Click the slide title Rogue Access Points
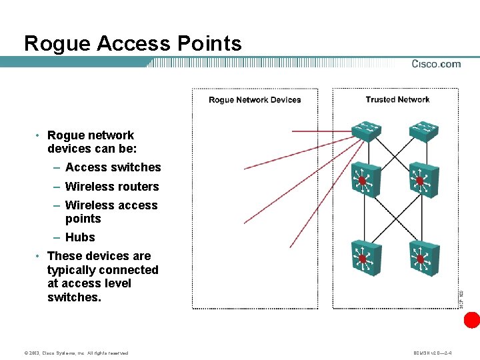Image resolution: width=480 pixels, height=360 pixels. point(133,43)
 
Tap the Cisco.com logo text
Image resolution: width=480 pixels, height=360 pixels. point(436,64)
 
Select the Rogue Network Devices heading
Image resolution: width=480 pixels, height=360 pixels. point(255,100)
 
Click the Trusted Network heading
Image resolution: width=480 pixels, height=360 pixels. point(397,99)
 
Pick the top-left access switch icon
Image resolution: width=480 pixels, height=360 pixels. point(366,131)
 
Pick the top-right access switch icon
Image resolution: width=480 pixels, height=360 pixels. point(421,131)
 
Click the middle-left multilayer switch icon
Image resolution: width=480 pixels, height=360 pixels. point(364,179)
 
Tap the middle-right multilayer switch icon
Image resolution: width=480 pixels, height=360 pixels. point(421,179)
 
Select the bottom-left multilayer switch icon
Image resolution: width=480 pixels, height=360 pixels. point(364,257)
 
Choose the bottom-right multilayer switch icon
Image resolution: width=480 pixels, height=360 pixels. point(421,257)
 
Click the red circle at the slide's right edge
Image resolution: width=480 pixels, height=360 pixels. point(472,320)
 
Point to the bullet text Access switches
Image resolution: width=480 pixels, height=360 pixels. point(113,167)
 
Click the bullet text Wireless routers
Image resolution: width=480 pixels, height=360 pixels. point(112,187)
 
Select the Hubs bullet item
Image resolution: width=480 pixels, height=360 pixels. point(80,237)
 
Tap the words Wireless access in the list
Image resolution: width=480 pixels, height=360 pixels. point(111,205)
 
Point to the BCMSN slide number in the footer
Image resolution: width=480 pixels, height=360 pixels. point(433,353)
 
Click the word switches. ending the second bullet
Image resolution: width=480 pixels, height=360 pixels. point(74,297)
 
